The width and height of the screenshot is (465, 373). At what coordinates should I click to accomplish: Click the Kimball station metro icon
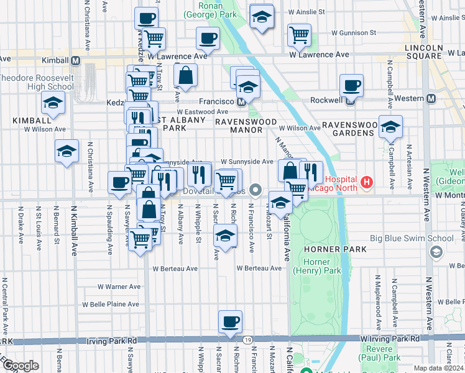click(75, 60)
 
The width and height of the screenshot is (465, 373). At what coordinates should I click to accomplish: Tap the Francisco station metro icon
click(239, 101)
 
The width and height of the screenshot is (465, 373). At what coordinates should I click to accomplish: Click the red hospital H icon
click(367, 182)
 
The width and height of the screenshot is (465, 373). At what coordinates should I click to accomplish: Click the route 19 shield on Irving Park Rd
click(248, 340)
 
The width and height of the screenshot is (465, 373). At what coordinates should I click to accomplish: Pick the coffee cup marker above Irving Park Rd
click(230, 322)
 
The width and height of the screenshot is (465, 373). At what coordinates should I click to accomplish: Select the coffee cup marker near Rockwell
click(351, 85)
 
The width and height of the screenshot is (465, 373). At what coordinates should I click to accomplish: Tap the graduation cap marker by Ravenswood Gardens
click(390, 128)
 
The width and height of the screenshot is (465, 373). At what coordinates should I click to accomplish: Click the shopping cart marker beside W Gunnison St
click(299, 35)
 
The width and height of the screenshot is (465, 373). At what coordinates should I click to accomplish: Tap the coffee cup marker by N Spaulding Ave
click(120, 182)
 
